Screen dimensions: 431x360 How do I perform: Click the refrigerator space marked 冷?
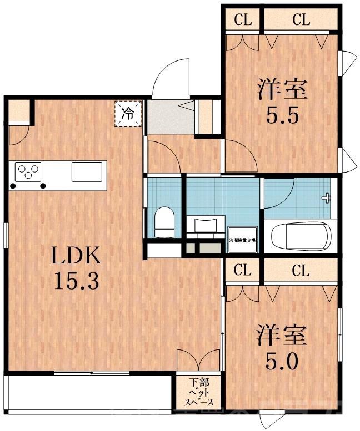(x=128, y=114)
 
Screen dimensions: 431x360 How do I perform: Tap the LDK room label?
(x=76, y=256)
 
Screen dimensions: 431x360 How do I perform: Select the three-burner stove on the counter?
(x=26, y=171)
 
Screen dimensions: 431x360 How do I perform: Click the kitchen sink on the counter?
(x=88, y=171)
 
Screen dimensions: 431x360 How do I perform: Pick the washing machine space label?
(x=242, y=240)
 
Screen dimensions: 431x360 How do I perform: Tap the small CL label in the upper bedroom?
(x=242, y=21)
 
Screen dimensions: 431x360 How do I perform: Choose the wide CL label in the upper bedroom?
(x=300, y=21)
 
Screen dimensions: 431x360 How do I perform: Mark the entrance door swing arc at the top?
(x=169, y=78)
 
